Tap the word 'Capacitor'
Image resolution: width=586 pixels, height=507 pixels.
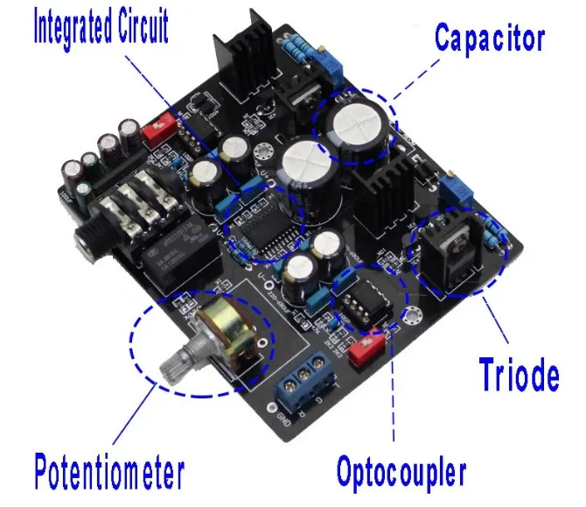tap(490, 39)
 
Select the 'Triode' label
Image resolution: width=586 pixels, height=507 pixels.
tap(520, 375)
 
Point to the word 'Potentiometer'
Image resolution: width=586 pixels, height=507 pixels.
tap(109, 473)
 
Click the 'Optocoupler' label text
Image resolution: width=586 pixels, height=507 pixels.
tap(401, 473)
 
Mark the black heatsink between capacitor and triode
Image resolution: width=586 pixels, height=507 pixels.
tap(382, 197)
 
